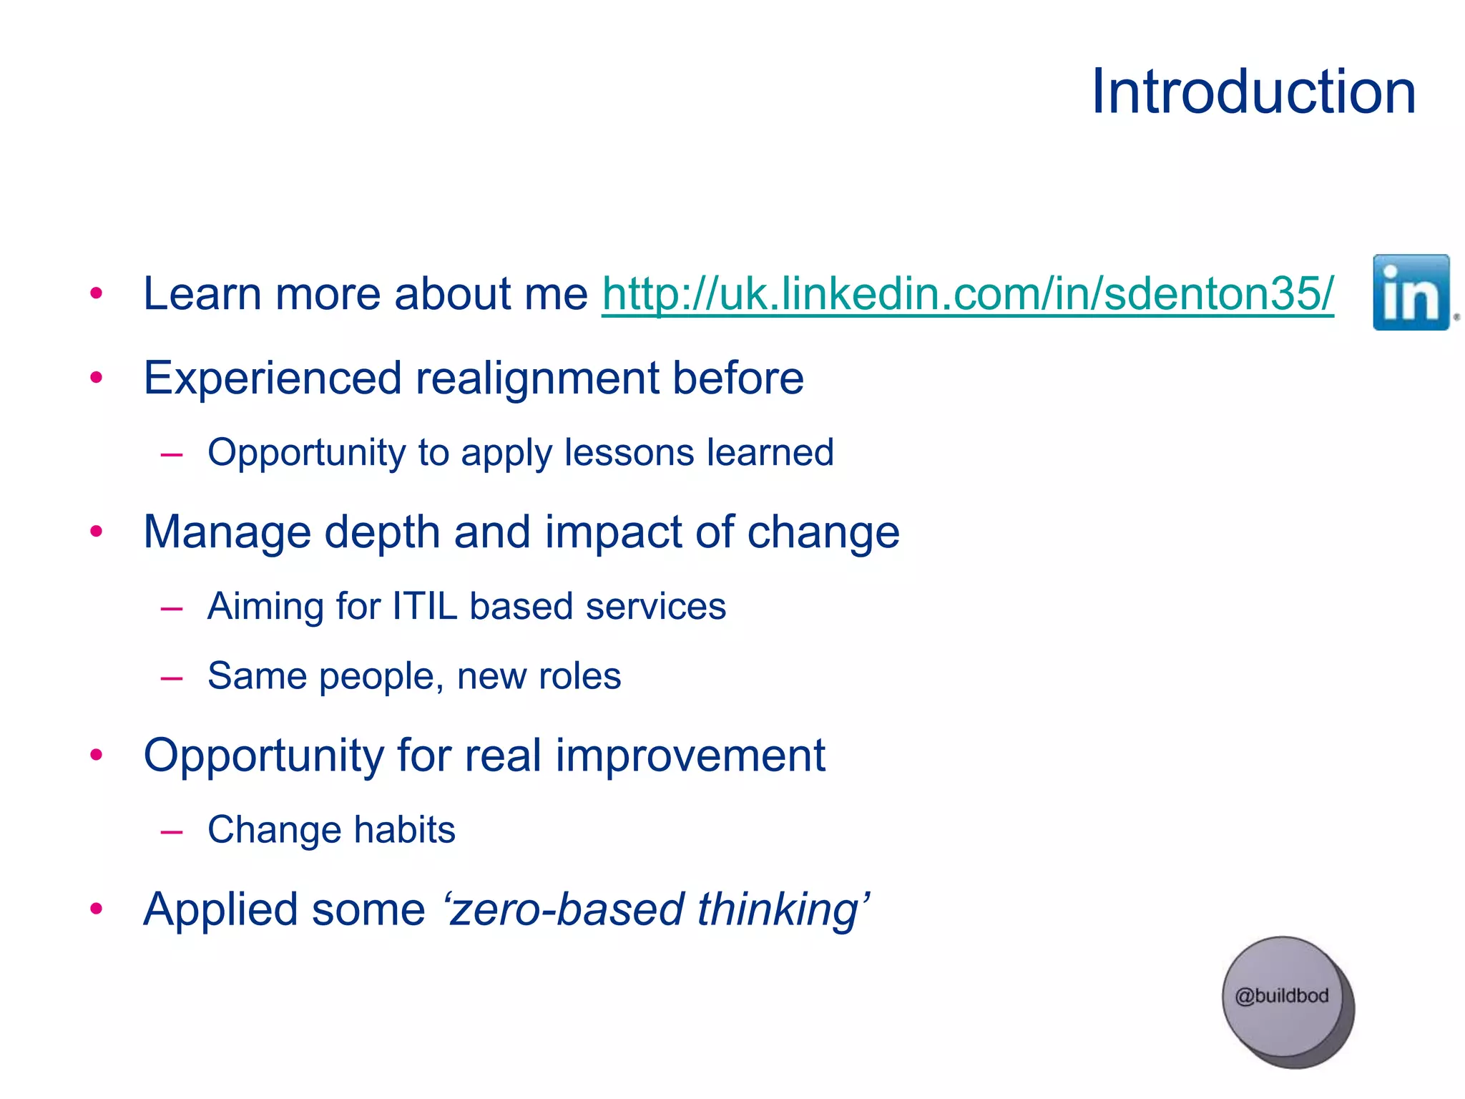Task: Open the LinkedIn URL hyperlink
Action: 967,294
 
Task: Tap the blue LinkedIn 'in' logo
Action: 1411,293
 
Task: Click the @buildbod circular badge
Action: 1283,998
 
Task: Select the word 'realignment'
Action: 537,378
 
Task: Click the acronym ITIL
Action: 424,606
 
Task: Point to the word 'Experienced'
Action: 272,378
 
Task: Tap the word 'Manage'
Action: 227,532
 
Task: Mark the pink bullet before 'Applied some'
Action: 97,909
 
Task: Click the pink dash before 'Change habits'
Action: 172,831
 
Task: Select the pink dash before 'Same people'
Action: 172,678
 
